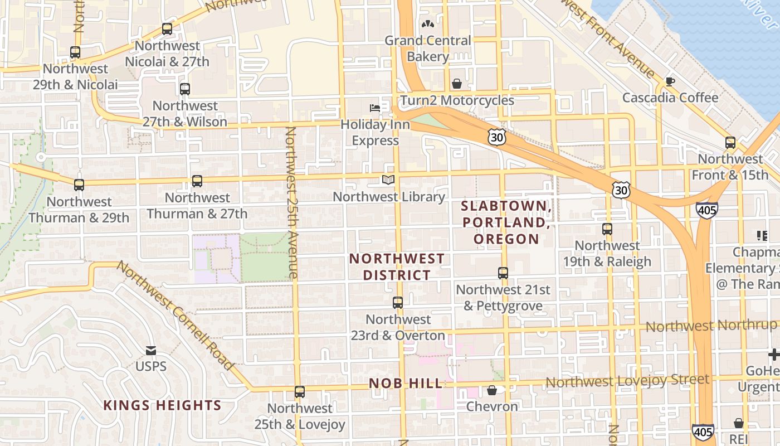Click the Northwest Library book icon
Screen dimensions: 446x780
click(388, 180)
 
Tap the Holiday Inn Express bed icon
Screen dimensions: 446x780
click(375, 108)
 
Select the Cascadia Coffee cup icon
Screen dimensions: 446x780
click(670, 81)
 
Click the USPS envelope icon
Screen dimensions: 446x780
click(151, 351)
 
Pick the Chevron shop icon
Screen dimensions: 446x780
click(492, 390)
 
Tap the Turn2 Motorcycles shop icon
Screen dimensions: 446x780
click(457, 84)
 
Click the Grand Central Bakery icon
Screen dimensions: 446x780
click(427, 24)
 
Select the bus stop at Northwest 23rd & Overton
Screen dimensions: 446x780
click(398, 303)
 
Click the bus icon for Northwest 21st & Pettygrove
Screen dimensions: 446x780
click(503, 273)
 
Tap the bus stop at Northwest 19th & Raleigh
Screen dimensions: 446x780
click(607, 229)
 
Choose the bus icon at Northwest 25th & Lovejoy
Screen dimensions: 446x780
click(300, 392)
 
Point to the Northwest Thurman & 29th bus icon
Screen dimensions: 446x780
click(79, 185)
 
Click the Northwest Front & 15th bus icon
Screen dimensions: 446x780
click(730, 143)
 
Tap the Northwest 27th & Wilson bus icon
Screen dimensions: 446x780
click(185, 89)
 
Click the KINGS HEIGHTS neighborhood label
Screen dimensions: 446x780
click(163, 405)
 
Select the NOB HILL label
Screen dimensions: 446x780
click(406, 384)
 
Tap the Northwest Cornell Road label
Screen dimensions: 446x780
click(175, 315)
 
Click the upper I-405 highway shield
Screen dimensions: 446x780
click(706, 210)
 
